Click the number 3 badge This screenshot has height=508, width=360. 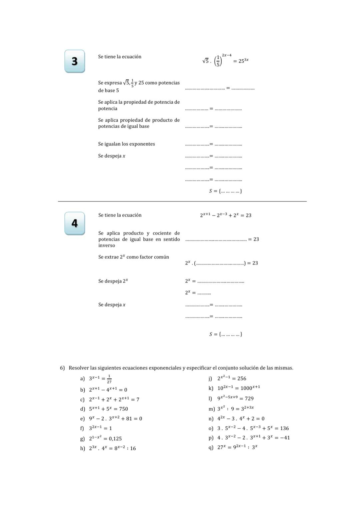(75, 61)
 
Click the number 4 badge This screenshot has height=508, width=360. (75, 223)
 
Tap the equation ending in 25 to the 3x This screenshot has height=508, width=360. (226, 60)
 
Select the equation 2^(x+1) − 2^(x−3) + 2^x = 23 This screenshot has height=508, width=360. (226, 215)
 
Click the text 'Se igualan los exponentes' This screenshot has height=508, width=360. (126, 144)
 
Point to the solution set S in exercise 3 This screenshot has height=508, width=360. (225, 191)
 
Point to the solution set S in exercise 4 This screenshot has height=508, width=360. (225, 334)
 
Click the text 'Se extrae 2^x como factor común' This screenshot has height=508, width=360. (133, 257)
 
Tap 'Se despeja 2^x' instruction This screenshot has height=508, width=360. (113, 281)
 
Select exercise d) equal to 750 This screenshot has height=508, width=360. (108, 409)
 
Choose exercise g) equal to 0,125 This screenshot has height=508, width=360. (105, 438)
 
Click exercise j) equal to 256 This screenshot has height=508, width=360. (232, 378)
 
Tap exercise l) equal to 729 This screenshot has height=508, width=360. (235, 398)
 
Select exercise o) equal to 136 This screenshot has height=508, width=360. (253, 428)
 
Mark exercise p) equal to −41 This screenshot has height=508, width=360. (253, 438)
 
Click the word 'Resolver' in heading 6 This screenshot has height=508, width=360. (79, 368)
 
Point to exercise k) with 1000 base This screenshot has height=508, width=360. (238, 388)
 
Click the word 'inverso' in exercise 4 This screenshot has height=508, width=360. (107, 245)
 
